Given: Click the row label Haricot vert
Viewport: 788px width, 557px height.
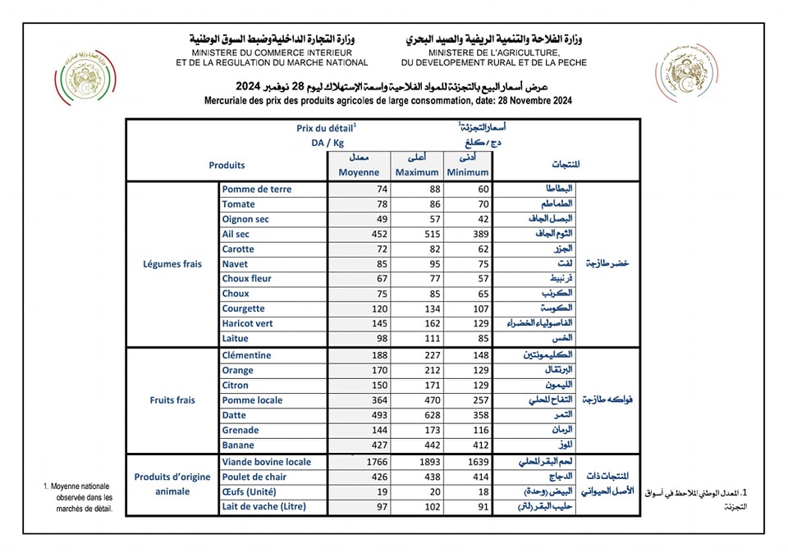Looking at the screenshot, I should click(249, 323).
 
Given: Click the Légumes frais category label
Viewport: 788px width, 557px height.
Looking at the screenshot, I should click(172, 264).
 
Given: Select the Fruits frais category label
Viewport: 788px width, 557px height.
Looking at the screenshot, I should click(172, 400).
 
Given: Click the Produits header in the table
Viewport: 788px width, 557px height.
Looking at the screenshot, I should click(227, 165).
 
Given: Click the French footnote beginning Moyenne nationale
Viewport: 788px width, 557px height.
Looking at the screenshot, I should click(79, 498).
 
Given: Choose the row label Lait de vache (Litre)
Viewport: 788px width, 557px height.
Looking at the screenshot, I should click(263, 506).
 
